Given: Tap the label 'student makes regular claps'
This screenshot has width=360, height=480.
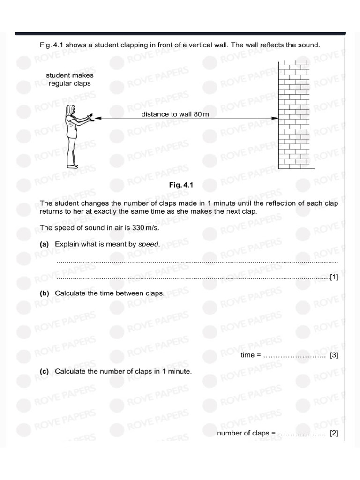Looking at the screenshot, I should click(69, 79).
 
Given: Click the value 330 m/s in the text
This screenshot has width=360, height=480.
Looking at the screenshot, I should click(145, 228).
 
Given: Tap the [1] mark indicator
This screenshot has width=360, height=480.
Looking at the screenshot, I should click(334, 277).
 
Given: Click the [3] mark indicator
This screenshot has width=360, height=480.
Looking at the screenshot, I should click(334, 355).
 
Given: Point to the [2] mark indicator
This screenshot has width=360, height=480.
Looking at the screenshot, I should click(334, 433).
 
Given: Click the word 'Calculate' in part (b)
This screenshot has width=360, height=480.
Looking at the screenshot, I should click(70, 293).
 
